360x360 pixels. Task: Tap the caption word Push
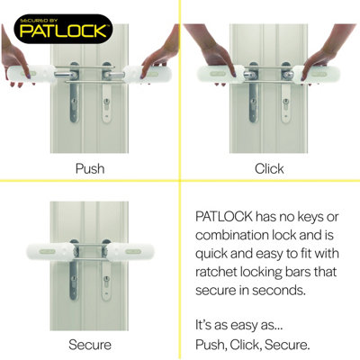[x=90, y=168]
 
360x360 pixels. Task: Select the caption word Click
[x=269, y=168]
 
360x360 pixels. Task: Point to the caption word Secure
[x=90, y=344]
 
